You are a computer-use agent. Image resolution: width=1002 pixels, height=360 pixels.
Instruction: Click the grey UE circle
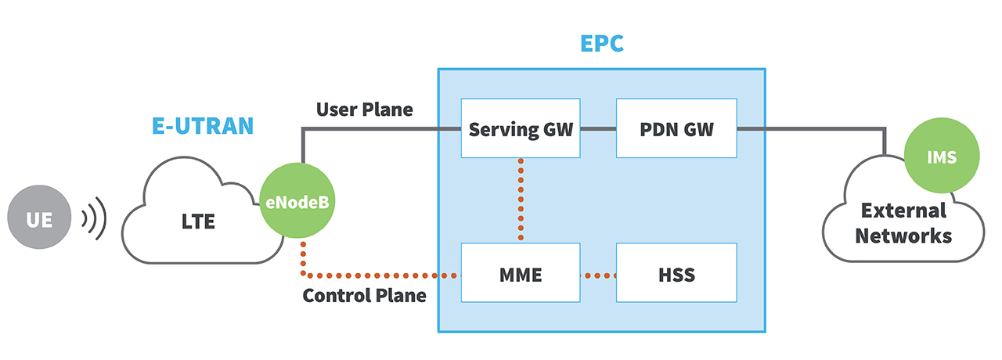coord(39,220)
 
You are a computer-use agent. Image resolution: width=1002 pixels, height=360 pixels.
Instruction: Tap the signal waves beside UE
coord(94,220)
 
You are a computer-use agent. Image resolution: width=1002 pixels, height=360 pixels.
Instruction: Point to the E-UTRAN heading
coord(203,126)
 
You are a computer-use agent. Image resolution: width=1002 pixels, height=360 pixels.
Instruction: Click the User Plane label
coord(364,110)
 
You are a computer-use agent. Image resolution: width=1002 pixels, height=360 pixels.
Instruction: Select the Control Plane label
coord(364,296)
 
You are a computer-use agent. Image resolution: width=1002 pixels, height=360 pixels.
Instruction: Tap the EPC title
coord(601,43)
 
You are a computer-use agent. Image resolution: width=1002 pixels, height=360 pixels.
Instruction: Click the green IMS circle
coord(942,157)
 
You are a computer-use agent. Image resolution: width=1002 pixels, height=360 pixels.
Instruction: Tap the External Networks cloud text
coord(903,223)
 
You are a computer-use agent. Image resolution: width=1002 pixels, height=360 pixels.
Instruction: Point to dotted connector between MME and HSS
coord(599,275)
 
